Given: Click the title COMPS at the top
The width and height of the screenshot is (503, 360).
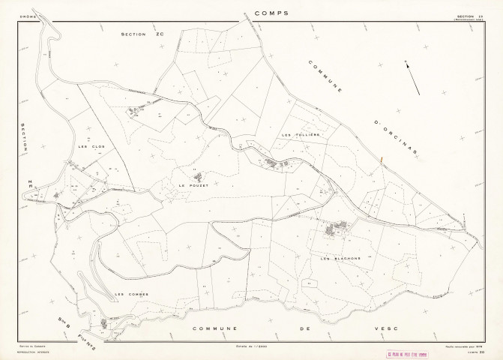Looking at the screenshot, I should pos(271,13).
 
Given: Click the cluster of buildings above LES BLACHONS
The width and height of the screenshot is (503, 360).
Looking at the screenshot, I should pos(334,229).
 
